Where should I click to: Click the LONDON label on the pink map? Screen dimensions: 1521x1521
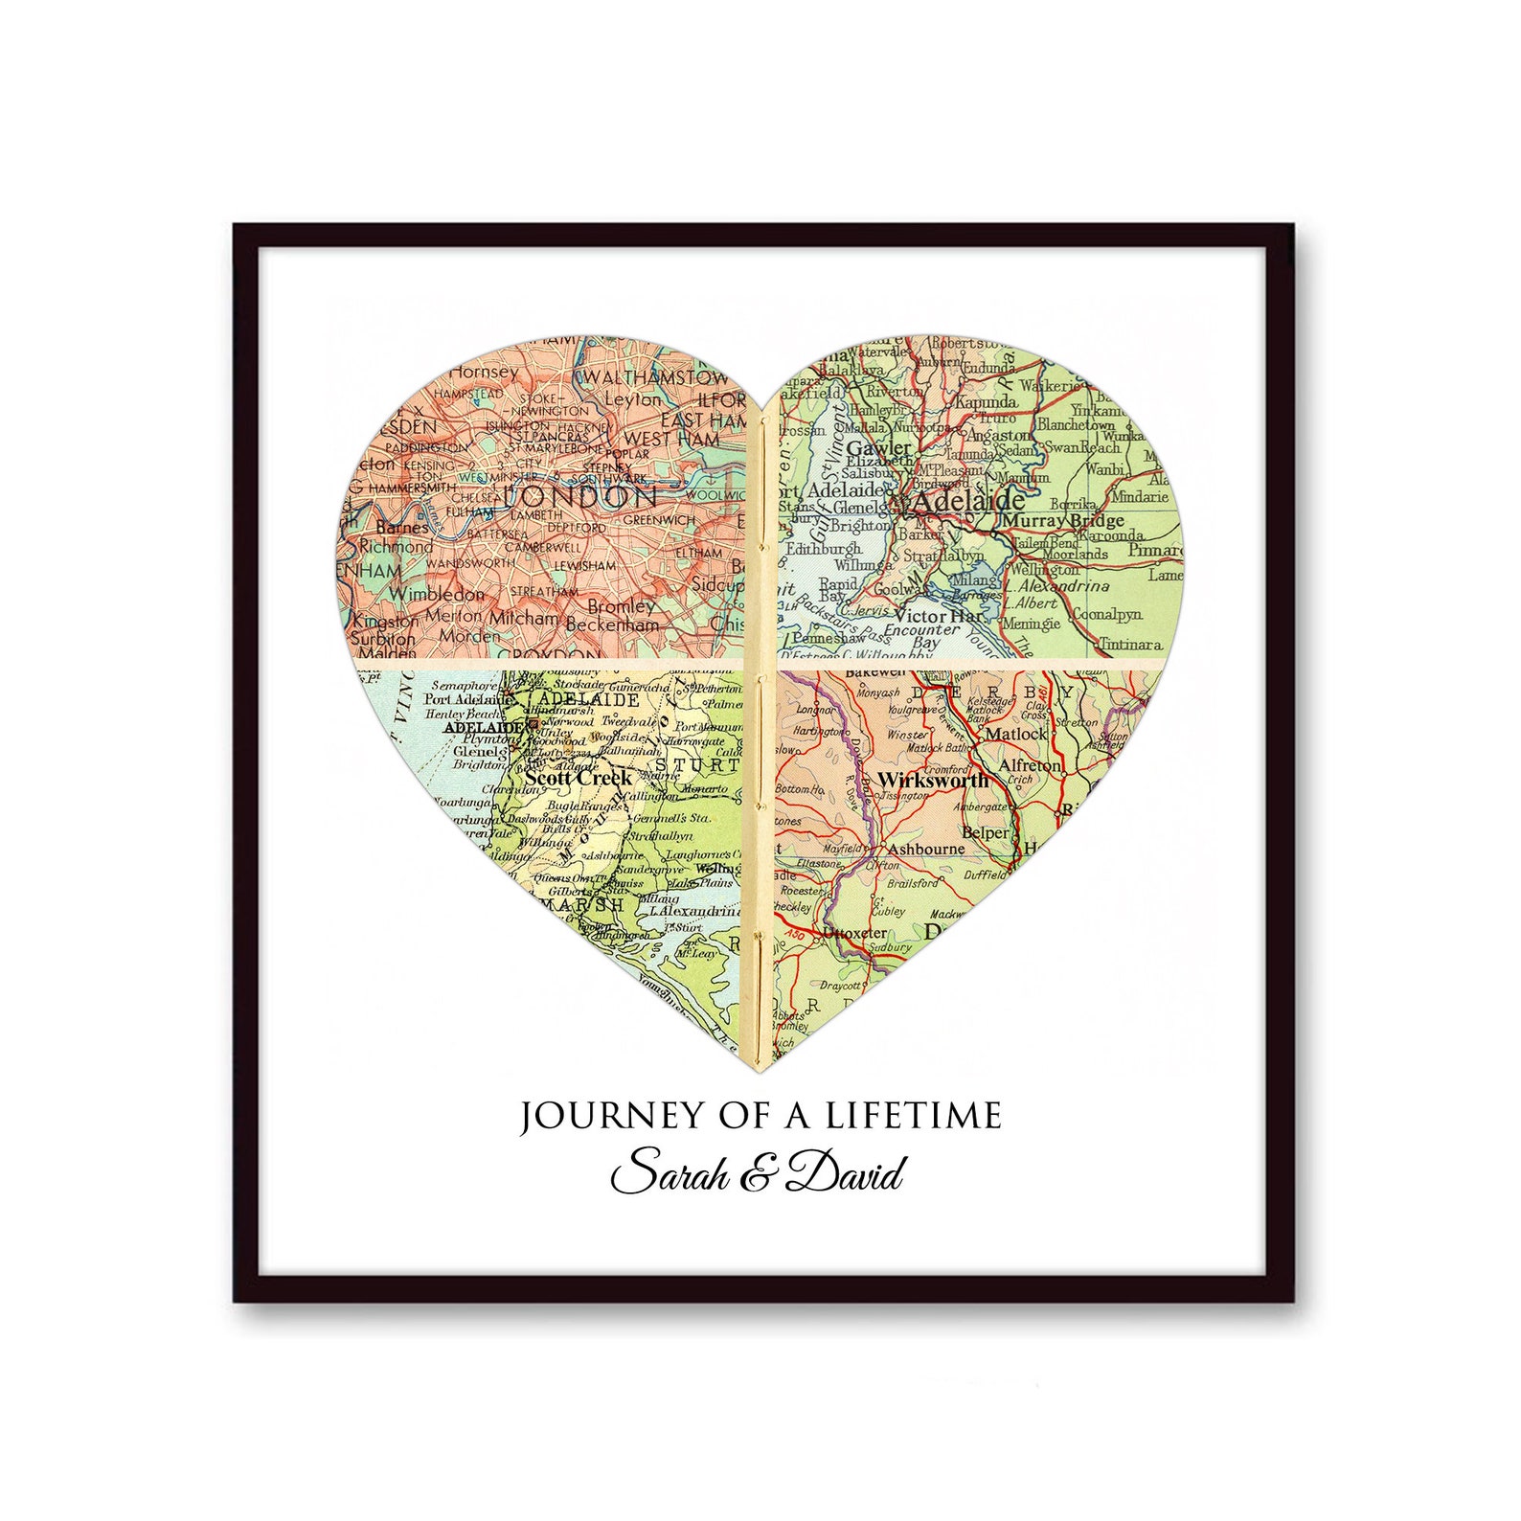(x=580, y=496)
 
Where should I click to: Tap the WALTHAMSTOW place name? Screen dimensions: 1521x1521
(x=655, y=376)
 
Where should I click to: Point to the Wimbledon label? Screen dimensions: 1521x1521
(x=436, y=594)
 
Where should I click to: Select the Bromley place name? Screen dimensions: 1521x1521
(x=621, y=605)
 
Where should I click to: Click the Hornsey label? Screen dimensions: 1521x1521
(x=484, y=371)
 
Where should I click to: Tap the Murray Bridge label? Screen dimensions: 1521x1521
(x=1062, y=521)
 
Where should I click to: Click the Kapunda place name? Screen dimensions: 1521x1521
(x=987, y=402)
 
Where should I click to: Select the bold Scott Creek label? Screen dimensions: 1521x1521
(x=579, y=778)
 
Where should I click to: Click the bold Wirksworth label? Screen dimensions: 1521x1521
(x=933, y=780)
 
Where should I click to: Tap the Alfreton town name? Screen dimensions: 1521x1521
(x=1030, y=766)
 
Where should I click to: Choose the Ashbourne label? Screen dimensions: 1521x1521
(x=926, y=849)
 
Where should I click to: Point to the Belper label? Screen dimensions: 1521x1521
(x=985, y=832)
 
